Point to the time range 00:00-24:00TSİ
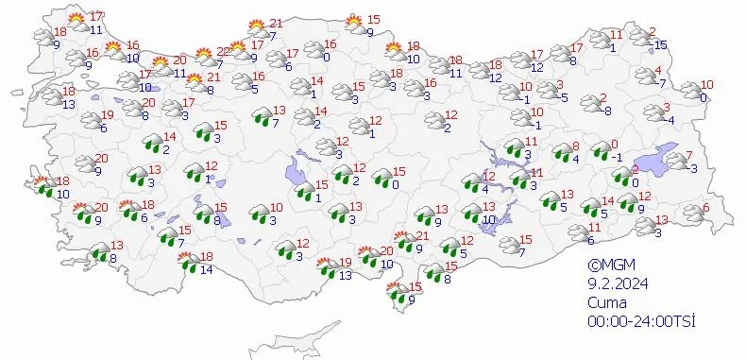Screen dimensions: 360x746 point(639,321)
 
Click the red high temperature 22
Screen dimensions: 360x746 point(223,51)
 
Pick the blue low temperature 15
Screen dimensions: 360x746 point(661,44)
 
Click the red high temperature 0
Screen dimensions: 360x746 point(599,146)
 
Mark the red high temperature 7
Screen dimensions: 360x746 point(688,155)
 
